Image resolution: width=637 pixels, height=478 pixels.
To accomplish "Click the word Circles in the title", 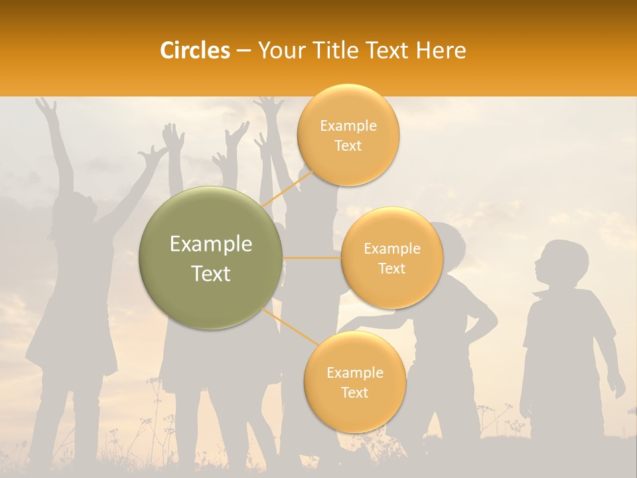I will coord(195,50).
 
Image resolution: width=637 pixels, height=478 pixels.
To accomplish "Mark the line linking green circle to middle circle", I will coord(312,258).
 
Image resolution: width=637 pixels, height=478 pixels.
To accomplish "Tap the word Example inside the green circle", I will coord(211,244).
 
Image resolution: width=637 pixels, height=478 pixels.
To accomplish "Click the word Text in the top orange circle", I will coord(348,145).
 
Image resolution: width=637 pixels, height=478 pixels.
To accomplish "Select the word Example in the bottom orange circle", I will coord(354,372).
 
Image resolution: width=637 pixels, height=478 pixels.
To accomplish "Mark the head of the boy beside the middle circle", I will coord(451,242).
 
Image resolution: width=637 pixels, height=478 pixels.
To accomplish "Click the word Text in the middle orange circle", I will coord(391,268).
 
